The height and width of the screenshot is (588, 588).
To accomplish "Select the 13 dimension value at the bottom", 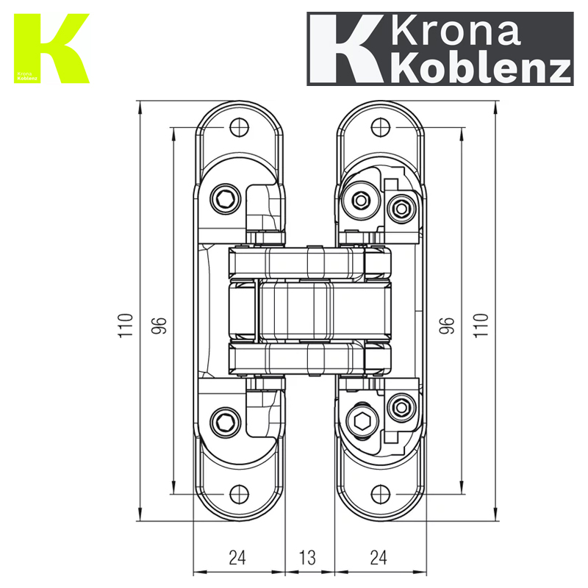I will (x=308, y=558).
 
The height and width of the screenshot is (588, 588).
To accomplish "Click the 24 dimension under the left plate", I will (x=237, y=558).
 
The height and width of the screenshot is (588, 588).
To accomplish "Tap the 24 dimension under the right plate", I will (x=378, y=558).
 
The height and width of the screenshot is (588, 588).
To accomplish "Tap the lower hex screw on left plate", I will (x=225, y=422).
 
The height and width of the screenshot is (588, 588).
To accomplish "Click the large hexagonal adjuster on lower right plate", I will (x=361, y=423).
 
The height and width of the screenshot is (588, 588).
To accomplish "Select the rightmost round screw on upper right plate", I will (x=401, y=209).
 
